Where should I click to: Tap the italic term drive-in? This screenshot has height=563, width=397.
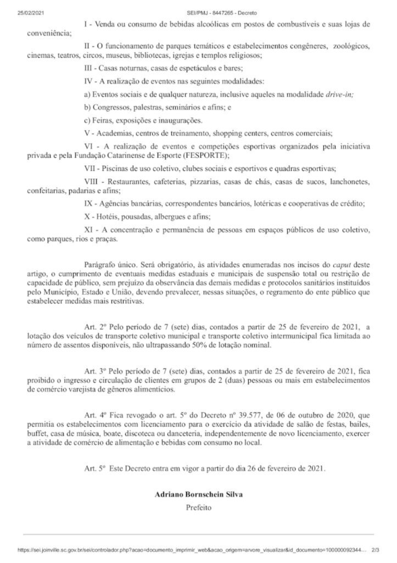pyautogui.click(x=339, y=94)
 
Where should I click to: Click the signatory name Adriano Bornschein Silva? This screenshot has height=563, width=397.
pyautogui.click(x=198, y=494)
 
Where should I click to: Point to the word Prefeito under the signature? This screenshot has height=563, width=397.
pyautogui.click(x=198, y=507)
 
